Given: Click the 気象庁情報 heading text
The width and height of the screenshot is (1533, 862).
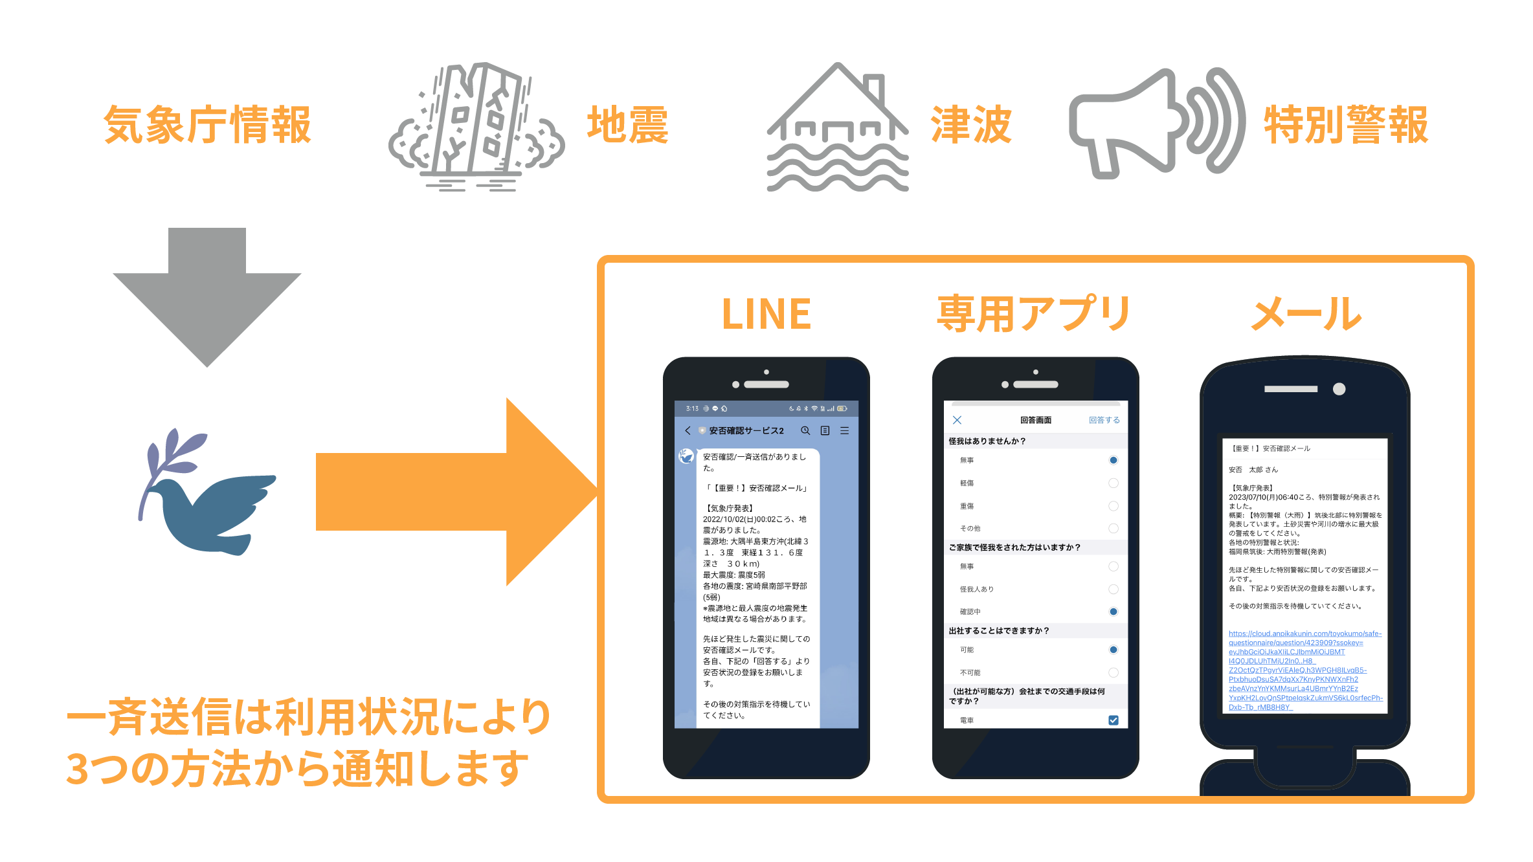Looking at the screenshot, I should [207, 124].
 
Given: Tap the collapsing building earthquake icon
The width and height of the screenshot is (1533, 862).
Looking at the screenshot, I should [476, 126].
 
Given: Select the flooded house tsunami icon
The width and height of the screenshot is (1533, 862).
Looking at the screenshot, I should [838, 127].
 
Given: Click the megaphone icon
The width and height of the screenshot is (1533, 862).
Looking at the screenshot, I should [1156, 123].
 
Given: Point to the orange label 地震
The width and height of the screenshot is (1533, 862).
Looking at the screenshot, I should [627, 124].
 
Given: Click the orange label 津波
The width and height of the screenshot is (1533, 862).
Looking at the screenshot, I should [971, 124].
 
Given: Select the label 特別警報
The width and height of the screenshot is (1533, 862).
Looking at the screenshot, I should [1346, 124].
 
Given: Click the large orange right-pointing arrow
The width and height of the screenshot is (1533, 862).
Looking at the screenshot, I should [453, 492].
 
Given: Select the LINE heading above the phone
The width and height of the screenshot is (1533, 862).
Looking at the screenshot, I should [766, 315].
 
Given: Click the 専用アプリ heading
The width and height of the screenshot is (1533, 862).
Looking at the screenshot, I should [1034, 315].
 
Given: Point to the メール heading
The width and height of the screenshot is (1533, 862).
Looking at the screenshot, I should [1306, 315].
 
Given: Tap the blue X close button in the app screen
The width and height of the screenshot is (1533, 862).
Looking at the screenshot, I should [957, 420].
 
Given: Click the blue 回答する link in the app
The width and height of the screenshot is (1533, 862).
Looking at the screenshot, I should [1104, 420].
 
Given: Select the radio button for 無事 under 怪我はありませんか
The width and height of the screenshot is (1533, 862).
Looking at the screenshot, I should [1113, 460].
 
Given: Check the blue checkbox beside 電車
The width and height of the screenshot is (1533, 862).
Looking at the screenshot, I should [1113, 720].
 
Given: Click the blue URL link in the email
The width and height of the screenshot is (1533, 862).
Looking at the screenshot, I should [1304, 670].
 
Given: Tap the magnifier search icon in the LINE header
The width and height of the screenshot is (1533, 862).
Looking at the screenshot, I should [805, 430].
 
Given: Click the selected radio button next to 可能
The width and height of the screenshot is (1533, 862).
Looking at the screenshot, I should [1113, 650].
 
